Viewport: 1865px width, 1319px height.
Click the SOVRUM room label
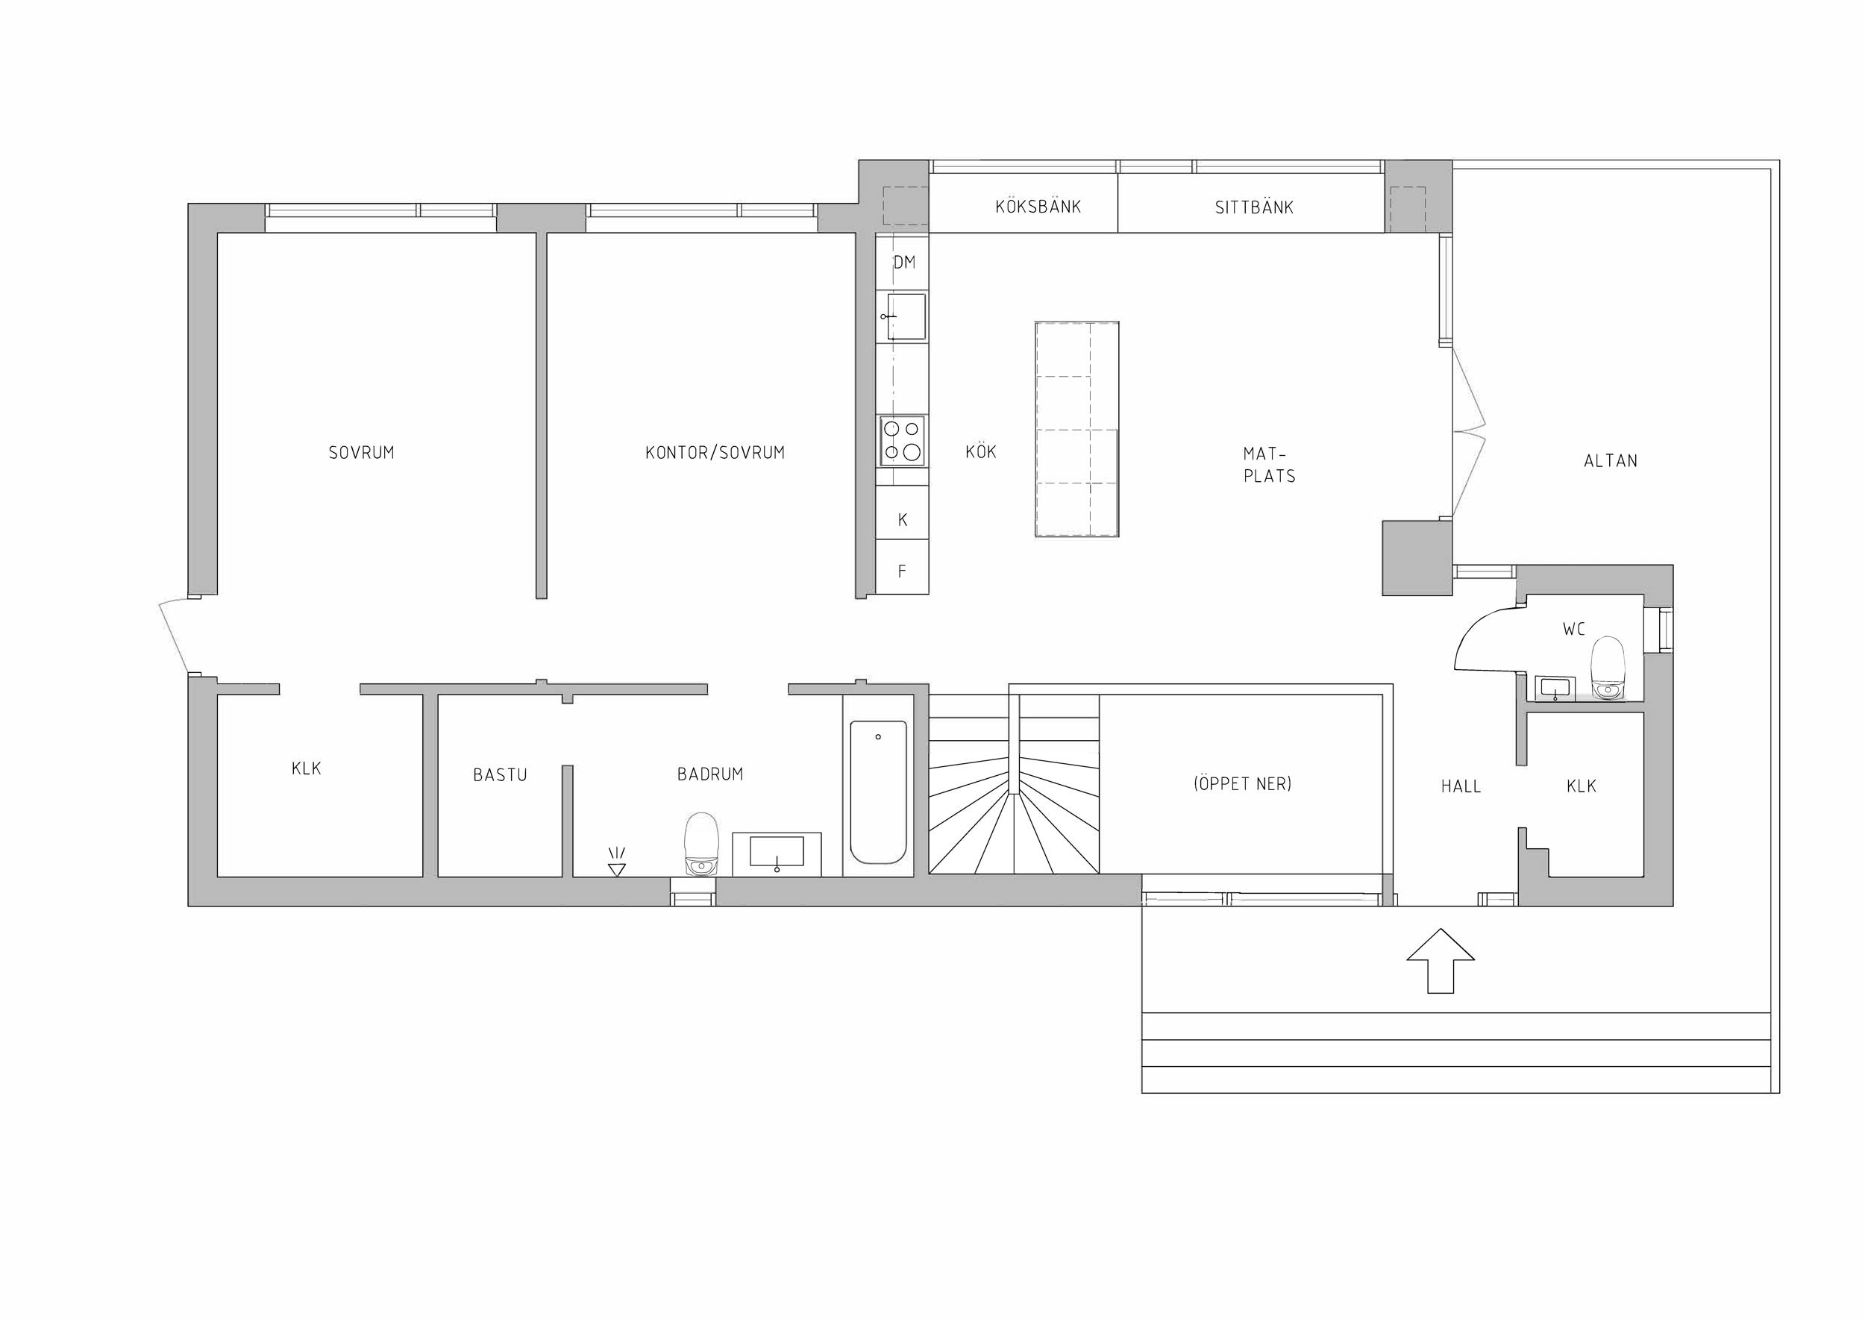(x=362, y=452)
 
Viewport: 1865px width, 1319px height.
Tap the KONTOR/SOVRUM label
(x=715, y=452)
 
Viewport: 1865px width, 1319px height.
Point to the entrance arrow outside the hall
(x=1441, y=961)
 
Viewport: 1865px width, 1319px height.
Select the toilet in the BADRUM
(x=701, y=844)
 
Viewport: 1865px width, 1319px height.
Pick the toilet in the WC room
(x=1608, y=668)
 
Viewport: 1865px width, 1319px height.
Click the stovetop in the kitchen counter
(x=903, y=440)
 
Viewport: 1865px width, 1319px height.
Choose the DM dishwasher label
(x=904, y=263)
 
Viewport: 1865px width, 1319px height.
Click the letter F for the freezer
(x=902, y=571)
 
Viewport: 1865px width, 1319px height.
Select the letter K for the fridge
(x=903, y=521)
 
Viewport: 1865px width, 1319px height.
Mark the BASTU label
(x=501, y=776)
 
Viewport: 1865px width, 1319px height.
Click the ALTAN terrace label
(x=1611, y=461)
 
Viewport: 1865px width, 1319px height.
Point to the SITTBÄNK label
(x=1254, y=208)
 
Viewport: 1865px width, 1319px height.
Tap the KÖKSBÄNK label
(x=1038, y=207)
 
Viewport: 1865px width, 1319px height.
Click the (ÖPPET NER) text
(x=1243, y=784)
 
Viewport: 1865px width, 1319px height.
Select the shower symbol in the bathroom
(x=616, y=862)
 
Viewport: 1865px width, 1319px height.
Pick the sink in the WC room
(x=1555, y=688)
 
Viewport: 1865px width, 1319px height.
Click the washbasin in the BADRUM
(x=777, y=853)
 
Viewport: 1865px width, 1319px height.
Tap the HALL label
(x=1461, y=786)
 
